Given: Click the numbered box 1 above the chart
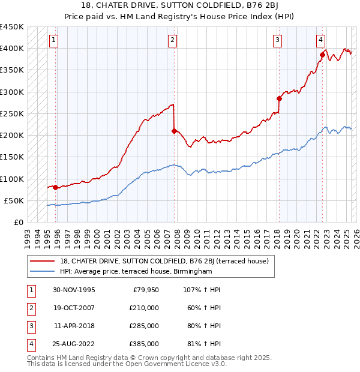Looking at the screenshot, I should tap(53, 40).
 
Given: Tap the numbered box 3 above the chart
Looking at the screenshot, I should tap(278, 40).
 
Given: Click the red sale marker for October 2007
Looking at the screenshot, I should tap(174, 131).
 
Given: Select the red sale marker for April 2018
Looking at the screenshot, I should tap(279, 98).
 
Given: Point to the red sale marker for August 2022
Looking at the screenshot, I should tap(322, 55).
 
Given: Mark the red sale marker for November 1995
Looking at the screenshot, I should tap(56, 187).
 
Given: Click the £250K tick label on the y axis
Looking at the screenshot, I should tap(11, 113).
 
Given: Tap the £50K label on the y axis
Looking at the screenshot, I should tap(14, 200).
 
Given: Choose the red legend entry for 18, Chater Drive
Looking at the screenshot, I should tap(151, 261).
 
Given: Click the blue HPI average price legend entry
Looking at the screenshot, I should tap(132, 272).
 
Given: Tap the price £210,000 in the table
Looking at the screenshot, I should tap(144, 308).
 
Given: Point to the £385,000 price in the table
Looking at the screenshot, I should tap(144, 344).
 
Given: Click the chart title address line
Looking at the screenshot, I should tap(179, 7).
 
